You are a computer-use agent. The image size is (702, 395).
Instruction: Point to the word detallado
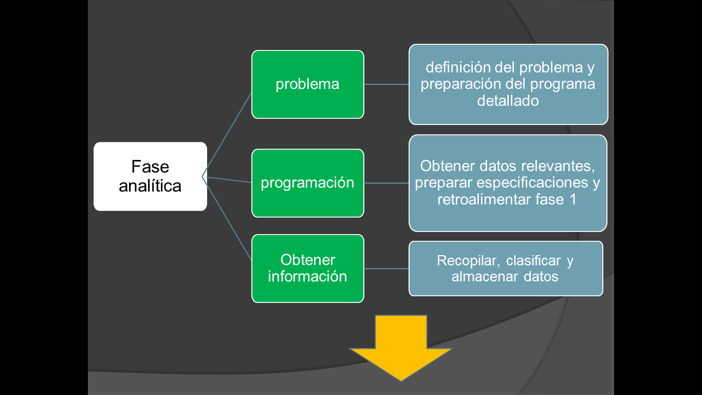pyautogui.click(x=508, y=101)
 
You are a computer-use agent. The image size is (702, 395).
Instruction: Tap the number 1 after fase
pyautogui.click(x=572, y=200)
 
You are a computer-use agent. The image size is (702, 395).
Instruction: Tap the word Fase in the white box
pyautogui.click(x=150, y=167)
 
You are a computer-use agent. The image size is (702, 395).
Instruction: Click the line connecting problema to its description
pyautogui.click(x=386, y=84)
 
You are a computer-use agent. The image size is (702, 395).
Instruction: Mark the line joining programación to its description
pyautogui.click(x=386, y=183)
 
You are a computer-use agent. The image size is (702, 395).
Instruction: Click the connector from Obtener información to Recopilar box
pyautogui.click(x=386, y=268)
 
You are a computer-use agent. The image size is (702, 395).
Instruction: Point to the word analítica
pyautogui.click(x=150, y=185)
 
